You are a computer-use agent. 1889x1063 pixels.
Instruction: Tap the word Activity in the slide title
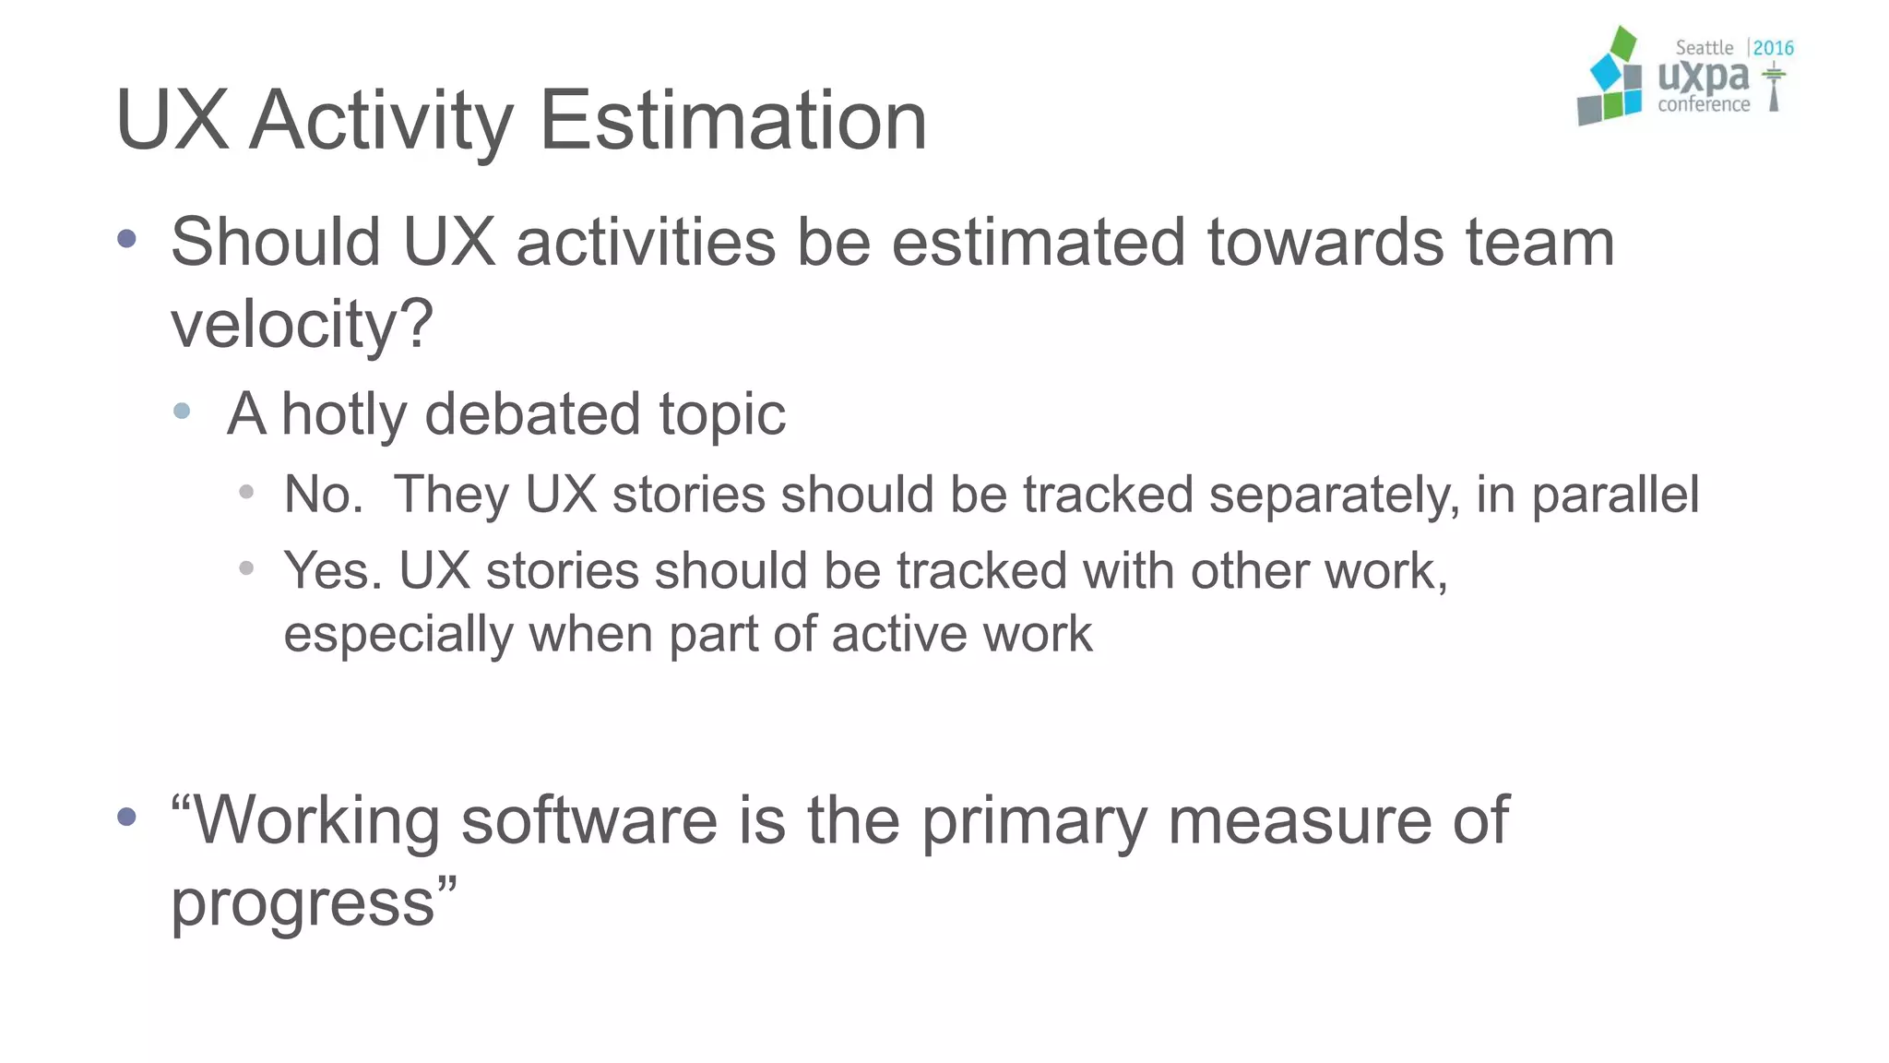(381, 122)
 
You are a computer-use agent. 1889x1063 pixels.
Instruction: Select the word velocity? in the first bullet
(302, 325)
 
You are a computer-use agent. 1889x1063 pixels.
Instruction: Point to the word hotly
(343, 414)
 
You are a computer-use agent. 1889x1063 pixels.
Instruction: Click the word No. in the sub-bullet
(323, 495)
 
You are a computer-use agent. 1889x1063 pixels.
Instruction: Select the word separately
(1335, 496)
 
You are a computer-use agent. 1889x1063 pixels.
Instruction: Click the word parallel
(1615, 495)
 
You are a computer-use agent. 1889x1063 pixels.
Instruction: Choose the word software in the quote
(588, 819)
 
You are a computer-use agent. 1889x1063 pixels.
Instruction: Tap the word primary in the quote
(1034, 821)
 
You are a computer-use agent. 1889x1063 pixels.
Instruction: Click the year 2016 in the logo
(1773, 48)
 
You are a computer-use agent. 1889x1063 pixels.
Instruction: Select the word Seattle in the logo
(1704, 48)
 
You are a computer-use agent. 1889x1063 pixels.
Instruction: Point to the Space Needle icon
(1773, 89)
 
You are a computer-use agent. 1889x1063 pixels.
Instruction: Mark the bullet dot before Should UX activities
(127, 240)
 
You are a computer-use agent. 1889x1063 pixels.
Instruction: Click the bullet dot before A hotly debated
(182, 412)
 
